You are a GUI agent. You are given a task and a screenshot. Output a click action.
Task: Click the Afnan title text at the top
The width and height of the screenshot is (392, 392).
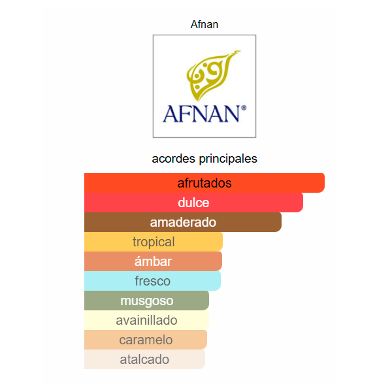[204, 25]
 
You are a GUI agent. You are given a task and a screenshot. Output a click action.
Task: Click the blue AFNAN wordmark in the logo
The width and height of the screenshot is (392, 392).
[201, 114]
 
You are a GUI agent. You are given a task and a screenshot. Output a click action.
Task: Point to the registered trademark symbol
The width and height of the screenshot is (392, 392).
[244, 108]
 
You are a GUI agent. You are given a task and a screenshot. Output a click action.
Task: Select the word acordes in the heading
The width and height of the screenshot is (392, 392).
[174, 159]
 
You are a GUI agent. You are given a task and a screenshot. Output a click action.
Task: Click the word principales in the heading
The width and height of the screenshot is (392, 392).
[228, 159]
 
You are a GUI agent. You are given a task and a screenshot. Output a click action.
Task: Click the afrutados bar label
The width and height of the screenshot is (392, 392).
[204, 183]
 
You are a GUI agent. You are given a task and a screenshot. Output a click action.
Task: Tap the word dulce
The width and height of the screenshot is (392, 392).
[193, 203]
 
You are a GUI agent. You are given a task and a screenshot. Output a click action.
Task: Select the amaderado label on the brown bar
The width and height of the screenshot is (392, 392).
[183, 222]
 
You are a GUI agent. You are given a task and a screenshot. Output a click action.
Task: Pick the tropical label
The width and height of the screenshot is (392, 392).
[154, 242]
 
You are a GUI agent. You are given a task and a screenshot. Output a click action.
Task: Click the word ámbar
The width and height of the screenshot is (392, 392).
[153, 261]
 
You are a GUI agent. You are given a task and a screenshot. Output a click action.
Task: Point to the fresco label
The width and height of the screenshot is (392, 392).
[152, 281]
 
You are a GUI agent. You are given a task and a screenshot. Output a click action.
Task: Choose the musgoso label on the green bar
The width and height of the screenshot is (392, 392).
[147, 301]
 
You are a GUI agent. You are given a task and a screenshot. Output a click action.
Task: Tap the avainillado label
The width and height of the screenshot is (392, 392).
[146, 320]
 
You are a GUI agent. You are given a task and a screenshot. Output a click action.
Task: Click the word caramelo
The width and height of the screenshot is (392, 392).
[146, 340]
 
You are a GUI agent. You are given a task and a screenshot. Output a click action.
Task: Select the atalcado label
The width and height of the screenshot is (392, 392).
[144, 359]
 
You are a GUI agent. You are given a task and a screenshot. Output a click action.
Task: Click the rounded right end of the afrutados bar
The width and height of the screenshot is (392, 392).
[324, 183]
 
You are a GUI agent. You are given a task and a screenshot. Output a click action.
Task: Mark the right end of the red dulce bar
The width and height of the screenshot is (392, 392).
[302, 203]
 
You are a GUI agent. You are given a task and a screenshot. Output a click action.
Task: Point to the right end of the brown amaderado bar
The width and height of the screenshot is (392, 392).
[281, 222]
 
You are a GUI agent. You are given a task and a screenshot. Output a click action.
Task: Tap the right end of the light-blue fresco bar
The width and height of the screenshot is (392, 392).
[221, 281]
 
